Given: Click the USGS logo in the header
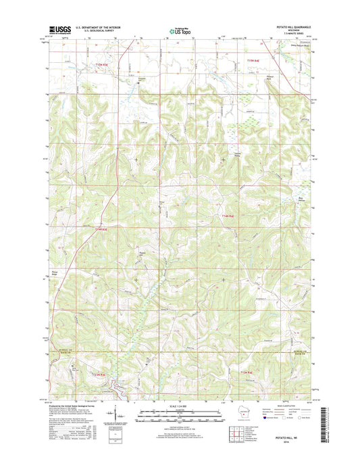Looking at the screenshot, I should pos(59,29).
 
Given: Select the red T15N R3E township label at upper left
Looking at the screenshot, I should pos(97,63).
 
